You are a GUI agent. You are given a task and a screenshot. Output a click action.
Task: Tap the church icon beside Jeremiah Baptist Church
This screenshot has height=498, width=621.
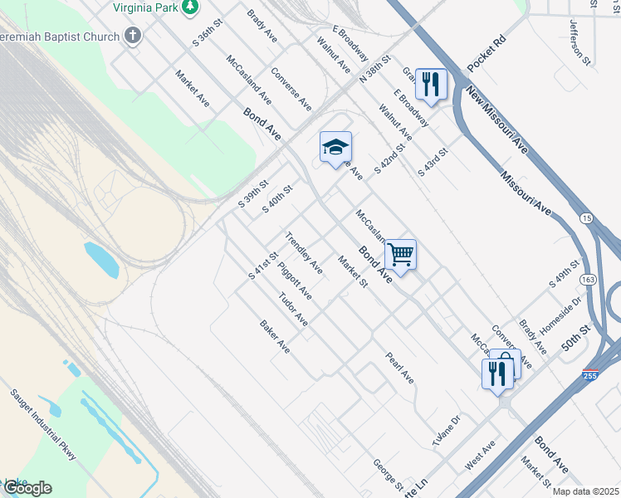pyautogui.click(x=133, y=36)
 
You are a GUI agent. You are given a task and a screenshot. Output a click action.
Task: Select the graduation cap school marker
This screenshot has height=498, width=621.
pyautogui.click(x=335, y=148)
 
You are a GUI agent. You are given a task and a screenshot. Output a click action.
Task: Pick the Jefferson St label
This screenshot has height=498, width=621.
pyautogui.click(x=579, y=41)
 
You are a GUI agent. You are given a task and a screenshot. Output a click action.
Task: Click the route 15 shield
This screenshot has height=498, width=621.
pyautogui.click(x=587, y=218)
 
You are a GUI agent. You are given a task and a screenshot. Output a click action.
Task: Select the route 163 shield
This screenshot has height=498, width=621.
pyautogui.click(x=589, y=279)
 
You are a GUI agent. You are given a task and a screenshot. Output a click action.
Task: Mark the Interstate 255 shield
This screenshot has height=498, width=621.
pyautogui.click(x=591, y=376)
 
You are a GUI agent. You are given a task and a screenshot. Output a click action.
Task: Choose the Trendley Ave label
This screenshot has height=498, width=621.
pyautogui.click(x=304, y=252)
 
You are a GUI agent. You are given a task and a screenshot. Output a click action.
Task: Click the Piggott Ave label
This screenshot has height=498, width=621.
pyautogui.click(x=295, y=281)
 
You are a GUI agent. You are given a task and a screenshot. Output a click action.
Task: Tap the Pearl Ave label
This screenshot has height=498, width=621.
pyautogui.click(x=399, y=367)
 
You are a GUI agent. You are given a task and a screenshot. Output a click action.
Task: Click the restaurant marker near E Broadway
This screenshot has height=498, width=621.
pyautogui.click(x=431, y=84)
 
